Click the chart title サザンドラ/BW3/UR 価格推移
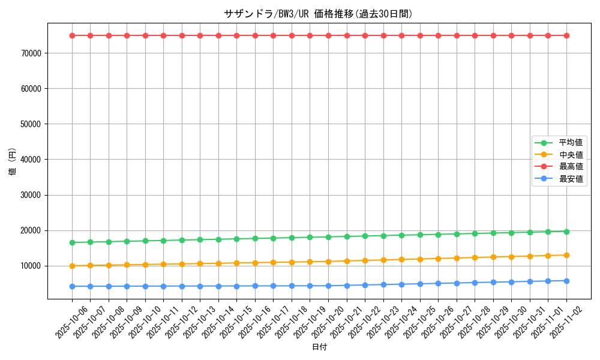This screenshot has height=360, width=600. [318, 14]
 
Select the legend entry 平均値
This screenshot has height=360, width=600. [571, 143]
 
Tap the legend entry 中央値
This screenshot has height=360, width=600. [571, 155]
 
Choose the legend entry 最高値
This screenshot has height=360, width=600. [571, 167]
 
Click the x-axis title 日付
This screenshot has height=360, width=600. [319, 347]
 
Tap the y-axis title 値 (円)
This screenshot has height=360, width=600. [13, 162]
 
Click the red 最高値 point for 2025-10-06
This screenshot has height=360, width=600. [72, 35]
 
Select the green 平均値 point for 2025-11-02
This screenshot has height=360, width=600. [566, 232]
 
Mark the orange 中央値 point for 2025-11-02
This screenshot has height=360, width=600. [566, 255]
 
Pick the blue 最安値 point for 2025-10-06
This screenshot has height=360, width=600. [72, 286]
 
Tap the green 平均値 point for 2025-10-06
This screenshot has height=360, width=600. [72, 242]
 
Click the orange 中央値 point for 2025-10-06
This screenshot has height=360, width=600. [72, 266]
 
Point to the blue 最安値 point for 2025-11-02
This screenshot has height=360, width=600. [566, 281]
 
